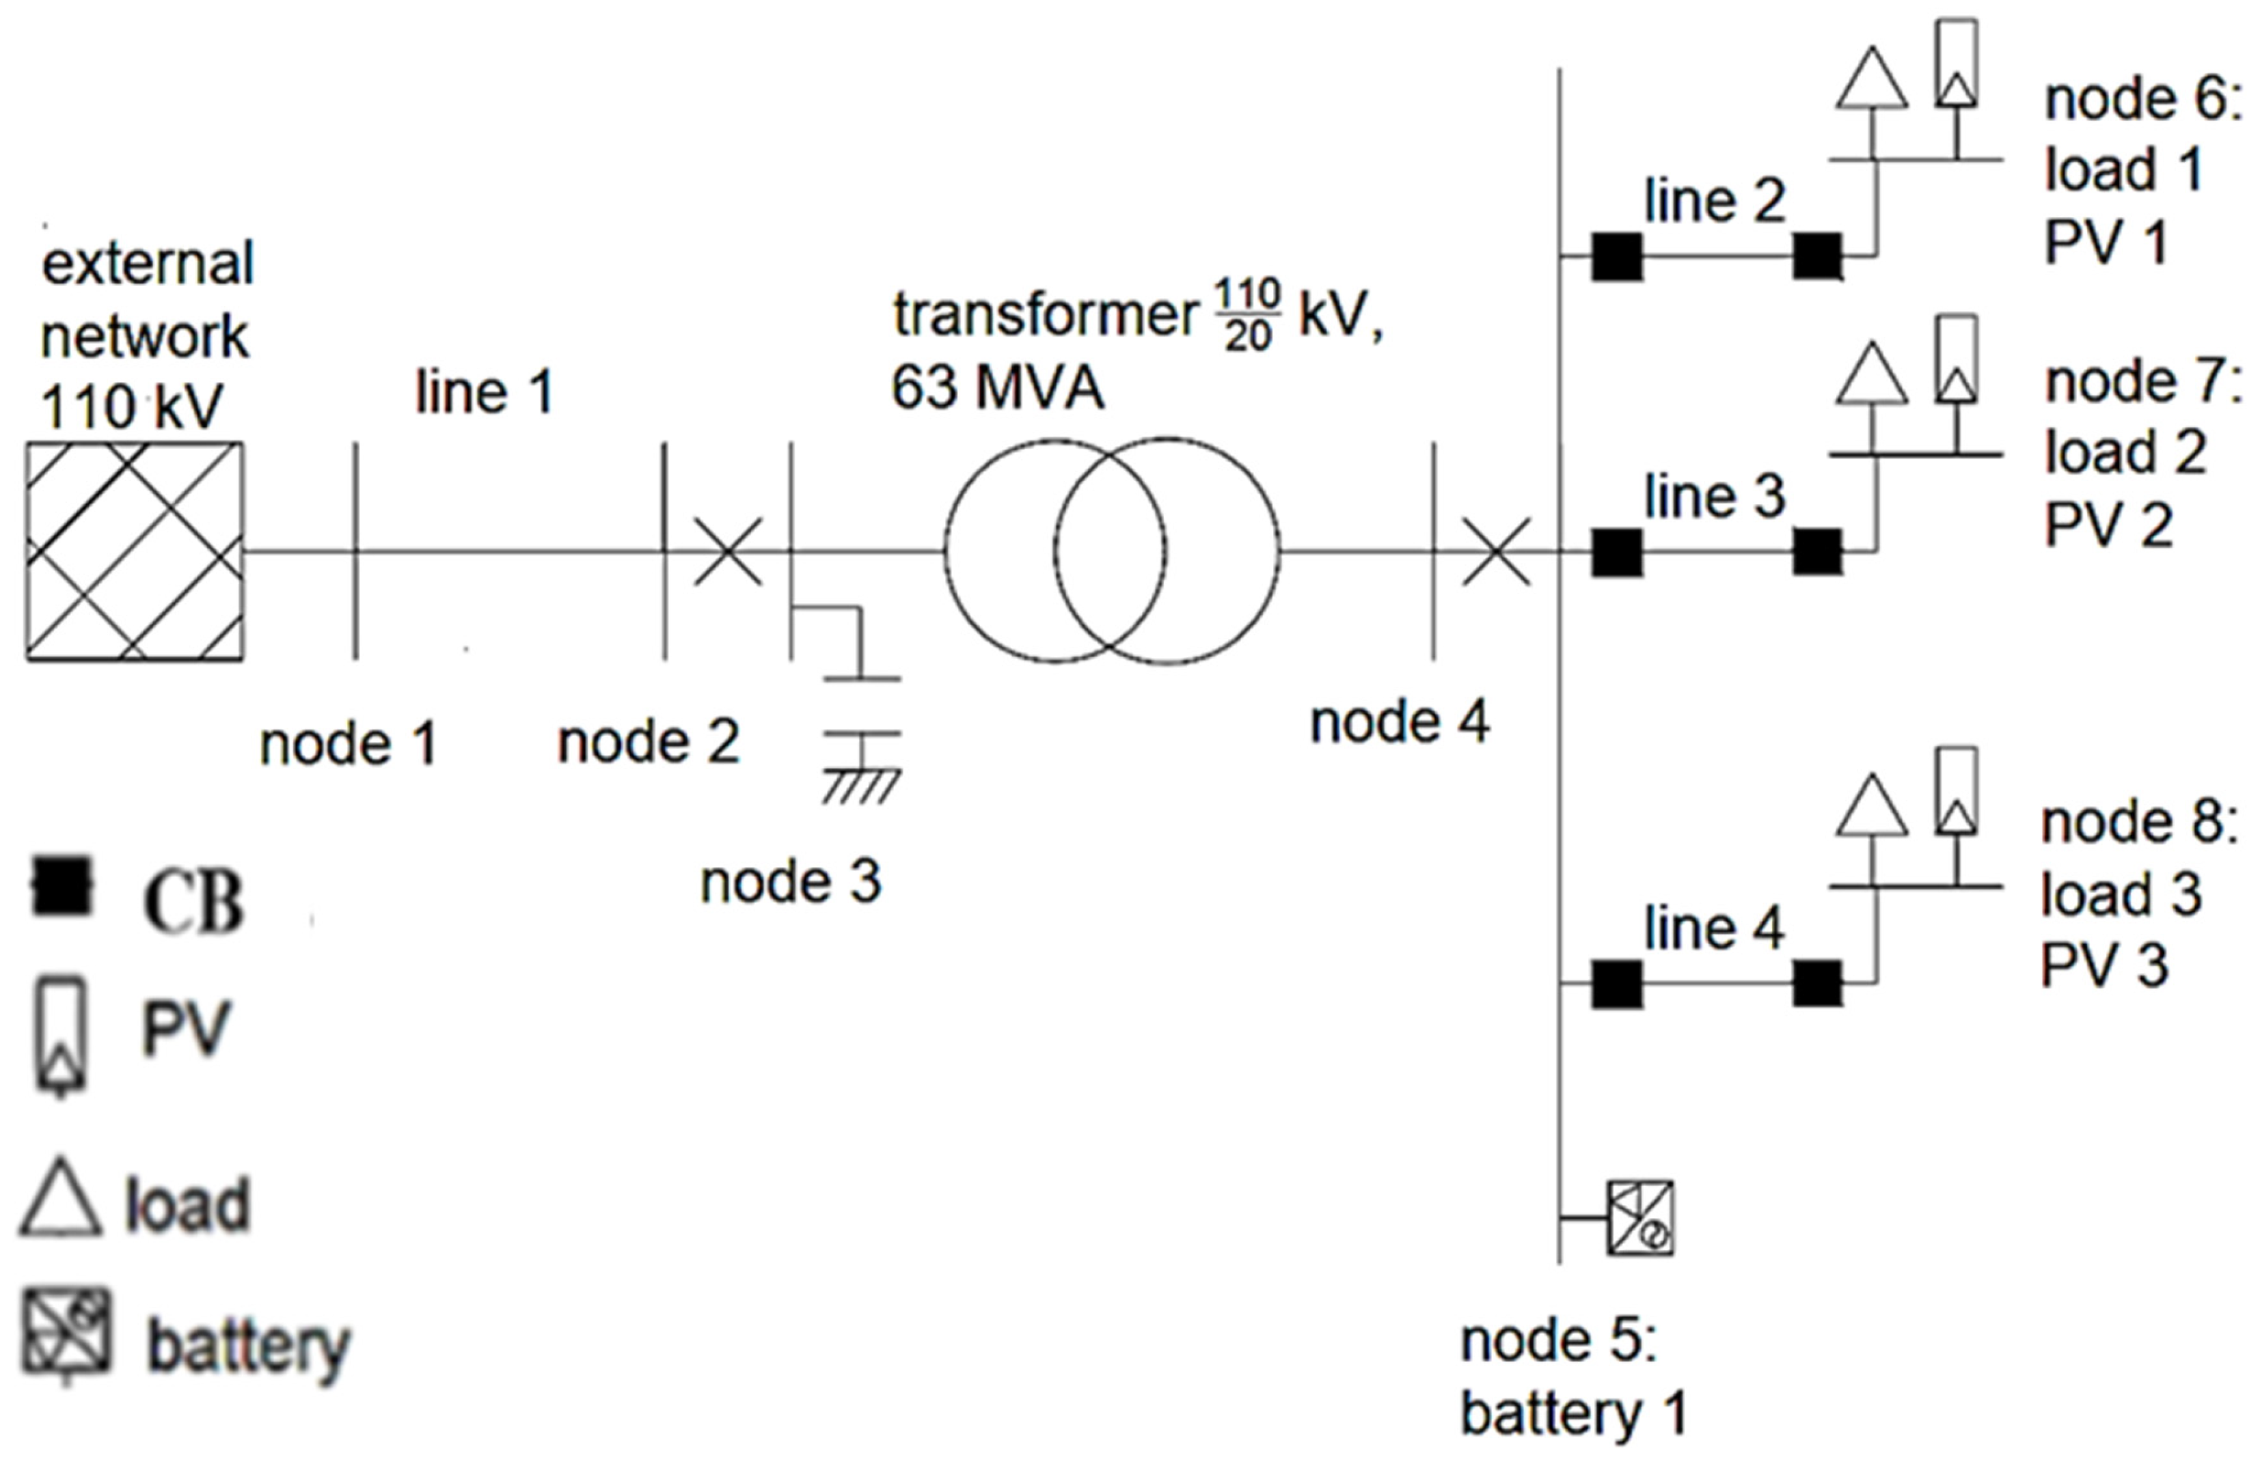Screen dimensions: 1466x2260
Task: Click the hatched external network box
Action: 134,551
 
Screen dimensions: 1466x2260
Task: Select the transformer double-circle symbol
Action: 1111,551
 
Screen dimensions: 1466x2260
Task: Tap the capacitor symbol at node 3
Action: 861,706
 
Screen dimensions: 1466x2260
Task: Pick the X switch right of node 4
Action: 1495,551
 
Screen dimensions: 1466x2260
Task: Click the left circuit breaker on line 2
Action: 1616,256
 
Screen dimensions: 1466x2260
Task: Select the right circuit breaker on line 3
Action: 1817,552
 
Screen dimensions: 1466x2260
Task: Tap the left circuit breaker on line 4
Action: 1616,984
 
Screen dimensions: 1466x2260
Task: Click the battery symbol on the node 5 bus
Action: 1640,1217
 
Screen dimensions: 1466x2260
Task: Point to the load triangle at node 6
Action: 1872,80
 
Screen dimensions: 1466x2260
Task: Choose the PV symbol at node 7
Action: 1956,361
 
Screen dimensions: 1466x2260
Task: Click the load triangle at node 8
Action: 1872,807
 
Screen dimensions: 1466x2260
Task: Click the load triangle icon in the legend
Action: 61,1199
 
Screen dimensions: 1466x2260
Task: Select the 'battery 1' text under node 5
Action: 1573,1413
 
